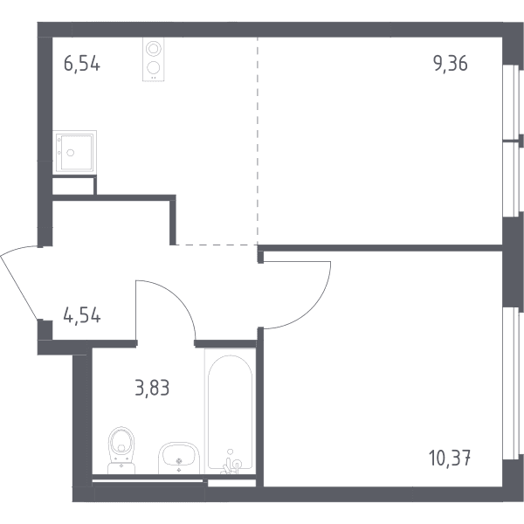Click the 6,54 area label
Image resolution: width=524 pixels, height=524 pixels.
[x=82, y=64]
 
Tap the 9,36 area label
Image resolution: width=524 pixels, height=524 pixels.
[x=451, y=64]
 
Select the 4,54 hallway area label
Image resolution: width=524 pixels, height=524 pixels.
[x=82, y=315]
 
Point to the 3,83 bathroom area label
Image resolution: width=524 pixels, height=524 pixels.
[x=152, y=388]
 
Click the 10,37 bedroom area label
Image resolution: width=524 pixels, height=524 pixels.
[x=450, y=458]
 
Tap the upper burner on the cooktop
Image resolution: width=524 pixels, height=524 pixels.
[x=153, y=48]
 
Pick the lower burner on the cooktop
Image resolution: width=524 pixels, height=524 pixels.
[x=153, y=68]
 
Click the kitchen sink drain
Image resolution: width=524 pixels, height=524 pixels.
[x=70, y=153]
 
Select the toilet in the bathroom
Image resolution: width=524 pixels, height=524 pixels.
[x=121, y=450]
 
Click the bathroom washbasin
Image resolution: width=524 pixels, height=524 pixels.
[x=179, y=458]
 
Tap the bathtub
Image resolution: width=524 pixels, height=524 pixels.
[x=231, y=411]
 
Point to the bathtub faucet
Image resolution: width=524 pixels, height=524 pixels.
[x=231, y=463]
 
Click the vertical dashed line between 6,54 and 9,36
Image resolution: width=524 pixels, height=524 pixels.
[x=258, y=141]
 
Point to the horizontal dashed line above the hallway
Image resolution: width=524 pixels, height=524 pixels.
[x=217, y=245]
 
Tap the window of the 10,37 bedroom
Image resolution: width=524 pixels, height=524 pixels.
[x=511, y=383]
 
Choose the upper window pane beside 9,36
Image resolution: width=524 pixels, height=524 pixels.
[x=511, y=101]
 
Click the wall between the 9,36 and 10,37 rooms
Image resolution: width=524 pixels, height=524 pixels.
[x=380, y=248]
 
